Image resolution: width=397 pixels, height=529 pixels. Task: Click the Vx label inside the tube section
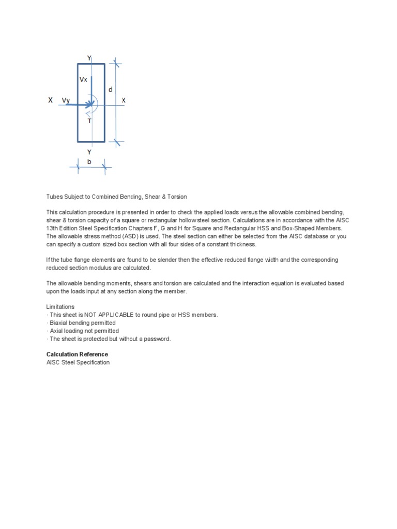pyautogui.click(x=83, y=80)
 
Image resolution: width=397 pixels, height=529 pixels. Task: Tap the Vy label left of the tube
pyautogui.click(x=66, y=100)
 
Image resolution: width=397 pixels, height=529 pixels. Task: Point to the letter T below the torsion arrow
pyautogui.click(x=89, y=121)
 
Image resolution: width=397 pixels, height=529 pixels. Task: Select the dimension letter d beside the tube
pyautogui.click(x=110, y=90)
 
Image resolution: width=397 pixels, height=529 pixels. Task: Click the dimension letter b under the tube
pyautogui.click(x=89, y=162)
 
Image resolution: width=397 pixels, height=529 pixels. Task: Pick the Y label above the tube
pyautogui.click(x=89, y=58)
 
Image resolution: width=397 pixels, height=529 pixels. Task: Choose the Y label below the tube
pyautogui.click(x=89, y=152)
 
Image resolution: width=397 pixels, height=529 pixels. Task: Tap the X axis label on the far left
pyautogui.click(x=50, y=100)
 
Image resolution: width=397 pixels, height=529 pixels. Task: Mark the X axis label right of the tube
pyautogui.click(x=124, y=100)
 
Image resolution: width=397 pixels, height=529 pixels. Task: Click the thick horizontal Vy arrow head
pyautogui.click(x=87, y=105)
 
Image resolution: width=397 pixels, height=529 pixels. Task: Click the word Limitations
pyautogui.click(x=60, y=306)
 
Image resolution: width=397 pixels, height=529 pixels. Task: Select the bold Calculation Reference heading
pyautogui.click(x=77, y=354)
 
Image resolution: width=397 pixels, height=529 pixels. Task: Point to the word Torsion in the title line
pyautogui.click(x=176, y=197)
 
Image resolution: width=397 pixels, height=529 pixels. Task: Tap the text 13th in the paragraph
pyautogui.click(x=54, y=228)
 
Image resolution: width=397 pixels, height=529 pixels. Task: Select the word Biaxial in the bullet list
pyautogui.click(x=59, y=323)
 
